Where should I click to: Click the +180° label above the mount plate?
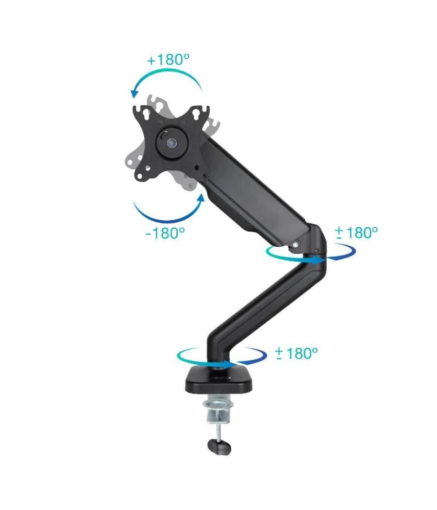click(168, 60)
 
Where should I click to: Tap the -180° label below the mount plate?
click(165, 233)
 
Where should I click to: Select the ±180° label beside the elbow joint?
click(356, 232)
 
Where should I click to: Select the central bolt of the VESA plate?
click(170, 143)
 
